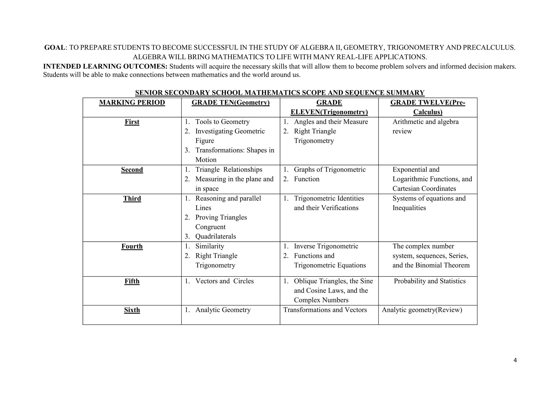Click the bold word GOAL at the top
click(55, 48)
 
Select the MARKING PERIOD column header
click(132, 103)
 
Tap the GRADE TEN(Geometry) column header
click(231, 103)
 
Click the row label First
click(132, 122)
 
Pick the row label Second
click(132, 170)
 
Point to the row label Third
click(132, 199)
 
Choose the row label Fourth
click(132, 246)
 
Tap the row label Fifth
click(132, 281)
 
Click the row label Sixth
click(132, 310)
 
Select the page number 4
click(515, 360)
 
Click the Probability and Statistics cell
click(430, 281)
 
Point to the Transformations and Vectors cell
click(325, 310)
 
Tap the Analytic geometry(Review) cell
click(422, 310)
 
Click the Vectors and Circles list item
click(224, 281)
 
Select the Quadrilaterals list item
click(215, 236)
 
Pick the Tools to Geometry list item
click(222, 122)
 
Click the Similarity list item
click(210, 246)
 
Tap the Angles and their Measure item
click(331, 122)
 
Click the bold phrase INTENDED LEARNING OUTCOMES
click(105, 67)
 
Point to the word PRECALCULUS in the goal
click(489, 48)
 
